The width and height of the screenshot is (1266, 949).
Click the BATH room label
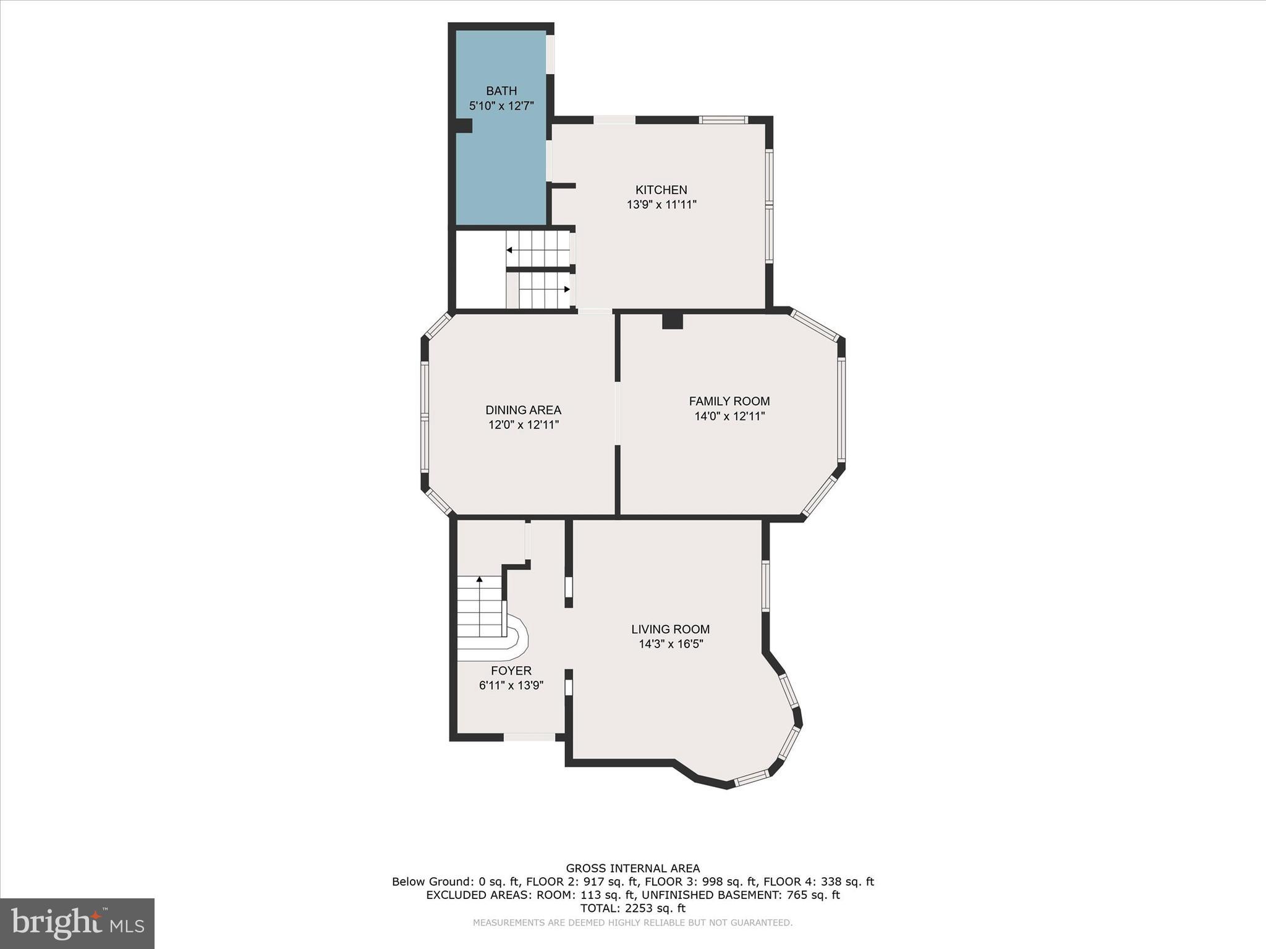tap(501, 91)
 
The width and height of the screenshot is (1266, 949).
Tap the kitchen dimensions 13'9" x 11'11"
tap(661, 205)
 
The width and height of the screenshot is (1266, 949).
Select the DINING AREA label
tap(523, 410)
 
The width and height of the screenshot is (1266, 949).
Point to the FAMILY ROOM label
tap(729, 401)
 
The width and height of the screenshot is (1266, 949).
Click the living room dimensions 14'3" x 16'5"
tap(671, 644)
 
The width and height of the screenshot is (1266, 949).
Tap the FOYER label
tap(511, 670)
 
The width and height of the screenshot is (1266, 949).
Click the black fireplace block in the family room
tap(672, 321)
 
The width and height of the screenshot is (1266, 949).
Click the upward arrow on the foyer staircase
tap(479, 580)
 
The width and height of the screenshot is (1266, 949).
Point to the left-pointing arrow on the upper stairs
tap(509, 250)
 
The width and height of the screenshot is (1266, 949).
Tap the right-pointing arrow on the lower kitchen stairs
tap(566, 289)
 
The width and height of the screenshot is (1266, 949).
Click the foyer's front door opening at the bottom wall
tap(529, 736)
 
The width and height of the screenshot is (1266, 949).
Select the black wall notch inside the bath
tap(464, 125)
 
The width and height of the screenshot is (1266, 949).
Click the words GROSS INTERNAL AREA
tap(632, 868)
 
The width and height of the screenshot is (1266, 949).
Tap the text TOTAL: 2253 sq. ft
tap(632, 908)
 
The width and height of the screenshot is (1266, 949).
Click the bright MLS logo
tap(77, 923)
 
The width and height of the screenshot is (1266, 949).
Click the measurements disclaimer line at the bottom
tap(632, 922)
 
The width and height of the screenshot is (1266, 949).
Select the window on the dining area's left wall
tap(425, 418)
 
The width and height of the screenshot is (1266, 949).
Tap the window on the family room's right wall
tap(841, 409)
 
